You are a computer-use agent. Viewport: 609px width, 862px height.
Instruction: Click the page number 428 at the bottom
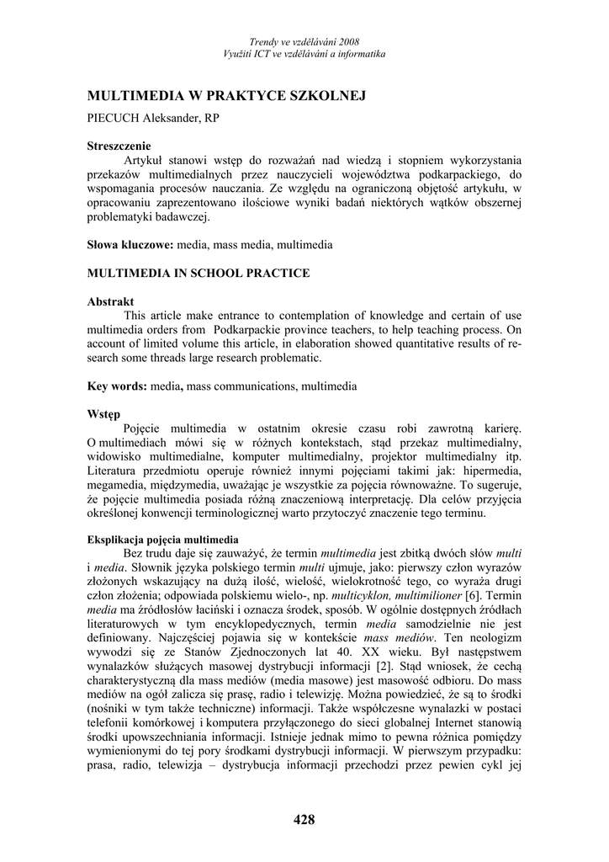tap(304, 821)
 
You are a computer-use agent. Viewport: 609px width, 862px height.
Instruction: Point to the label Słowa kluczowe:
tap(130, 245)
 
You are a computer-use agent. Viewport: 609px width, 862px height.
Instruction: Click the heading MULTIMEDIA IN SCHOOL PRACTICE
tap(199, 273)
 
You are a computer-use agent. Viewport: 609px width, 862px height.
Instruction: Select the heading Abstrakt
tap(110, 301)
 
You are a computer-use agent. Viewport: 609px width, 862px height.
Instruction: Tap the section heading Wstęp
tap(104, 414)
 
